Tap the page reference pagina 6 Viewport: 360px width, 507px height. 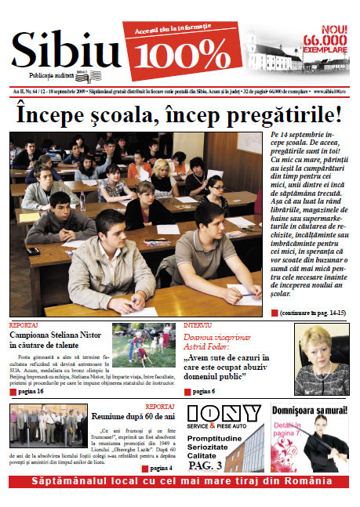pos(202,390)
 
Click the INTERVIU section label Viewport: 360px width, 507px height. pos(197,324)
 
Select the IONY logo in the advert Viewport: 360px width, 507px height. pos(224,413)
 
